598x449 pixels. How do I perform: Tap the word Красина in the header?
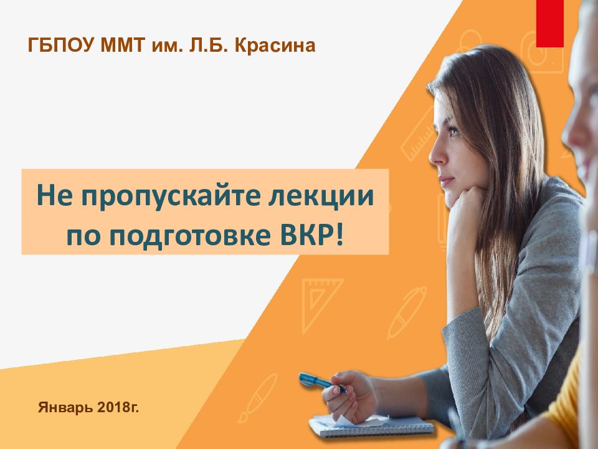tap(274, 46)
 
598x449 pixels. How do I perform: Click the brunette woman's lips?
tap(444, 182)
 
